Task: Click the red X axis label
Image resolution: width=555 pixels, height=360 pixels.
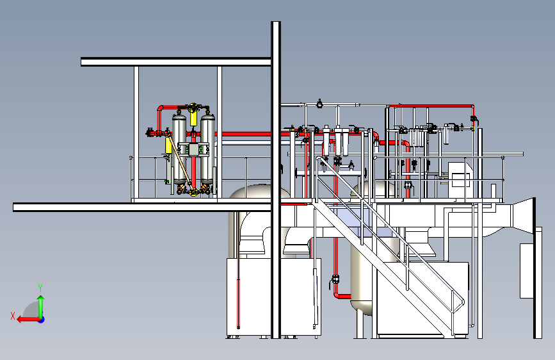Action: (13, 315)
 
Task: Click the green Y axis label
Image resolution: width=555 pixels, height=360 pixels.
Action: (40, 287)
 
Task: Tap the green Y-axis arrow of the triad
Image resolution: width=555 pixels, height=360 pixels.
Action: (41, 304)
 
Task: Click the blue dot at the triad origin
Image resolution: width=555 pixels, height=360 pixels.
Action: (41, 318)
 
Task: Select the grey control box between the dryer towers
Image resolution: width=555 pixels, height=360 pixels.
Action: (193, 149)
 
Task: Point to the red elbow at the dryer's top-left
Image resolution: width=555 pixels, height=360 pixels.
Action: (161, 108)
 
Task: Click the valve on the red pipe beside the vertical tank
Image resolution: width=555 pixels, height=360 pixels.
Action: (335, 279)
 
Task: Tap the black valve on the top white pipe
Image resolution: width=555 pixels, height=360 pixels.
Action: (319, 102)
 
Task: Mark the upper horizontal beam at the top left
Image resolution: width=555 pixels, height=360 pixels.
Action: (176, 62)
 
